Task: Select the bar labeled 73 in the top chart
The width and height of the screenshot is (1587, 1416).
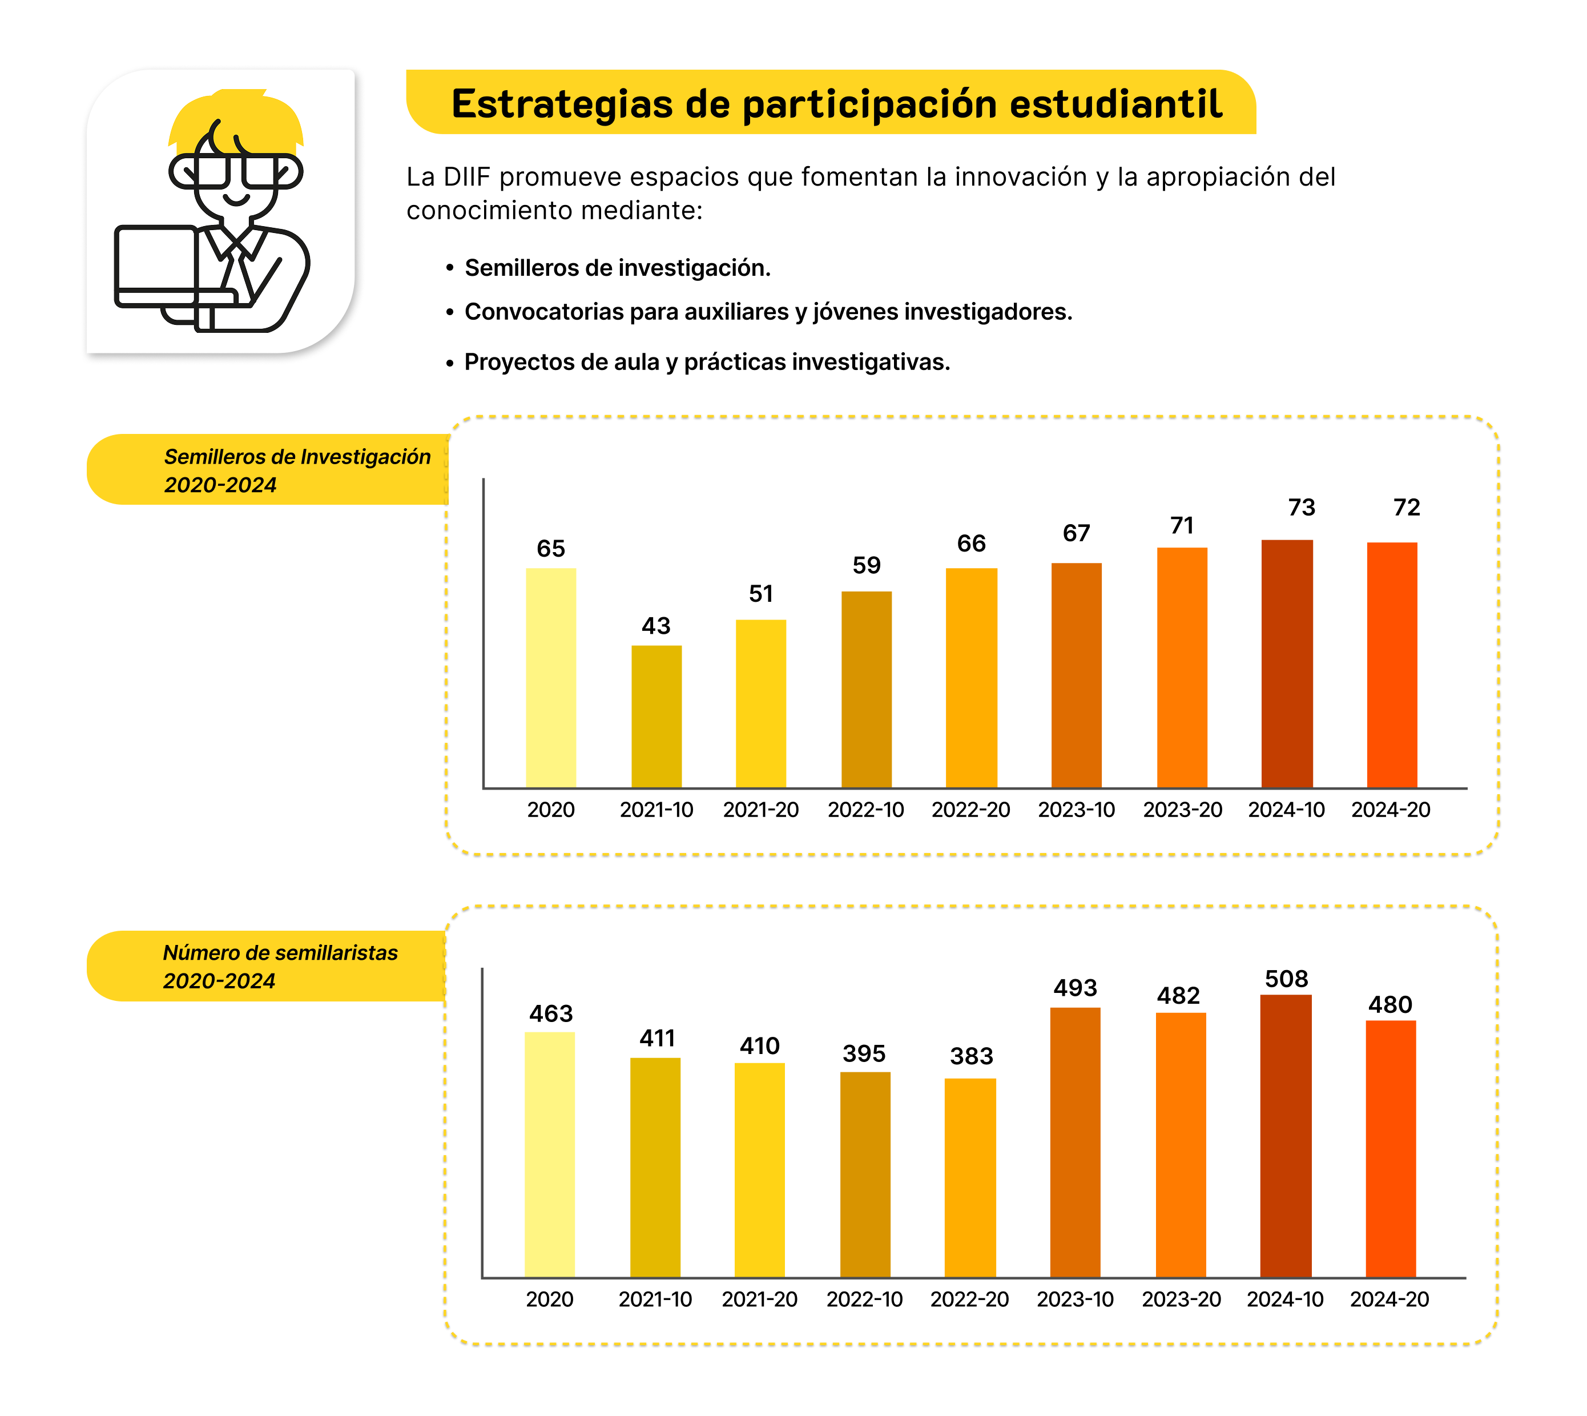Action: tap(1286, 663)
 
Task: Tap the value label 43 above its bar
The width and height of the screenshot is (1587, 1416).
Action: tap(656, 626)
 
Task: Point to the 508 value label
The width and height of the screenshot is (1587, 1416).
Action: tap(1286, 979)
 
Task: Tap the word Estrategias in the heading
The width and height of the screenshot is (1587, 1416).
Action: tap(562, 104)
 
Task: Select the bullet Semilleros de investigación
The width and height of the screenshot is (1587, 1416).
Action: tap(617, 268)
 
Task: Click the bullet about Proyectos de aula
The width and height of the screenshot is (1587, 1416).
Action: tap(706, 362)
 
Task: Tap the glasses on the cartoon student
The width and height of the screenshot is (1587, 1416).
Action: tap(235, 171)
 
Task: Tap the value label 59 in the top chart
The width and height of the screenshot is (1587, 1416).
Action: tap(866, 566)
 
